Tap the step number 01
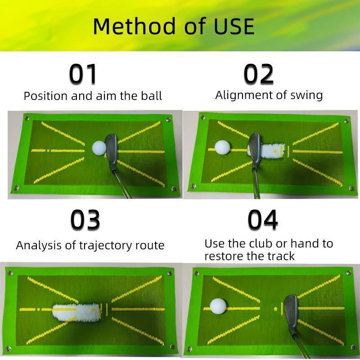[83, 74]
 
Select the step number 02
[259, 74]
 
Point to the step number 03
[85, 220]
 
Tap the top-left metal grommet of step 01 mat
[27, 118]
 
